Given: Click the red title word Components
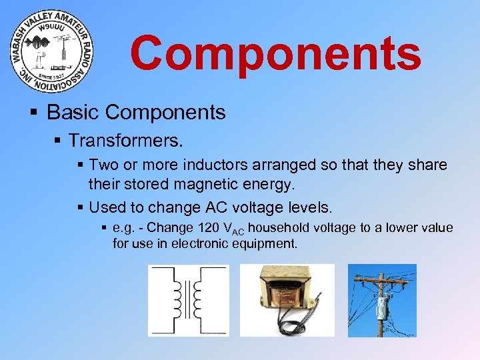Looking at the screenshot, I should click(275, 54).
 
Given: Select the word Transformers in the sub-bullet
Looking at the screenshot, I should click(124, 141).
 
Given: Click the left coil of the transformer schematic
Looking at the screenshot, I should click(177, 299).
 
